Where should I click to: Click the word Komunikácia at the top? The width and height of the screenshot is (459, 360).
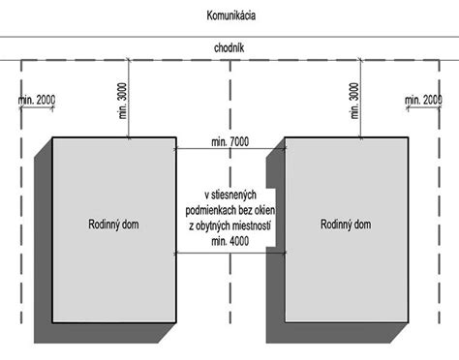230,17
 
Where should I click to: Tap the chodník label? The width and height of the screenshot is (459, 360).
229,46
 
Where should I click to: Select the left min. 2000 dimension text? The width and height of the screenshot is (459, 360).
37,100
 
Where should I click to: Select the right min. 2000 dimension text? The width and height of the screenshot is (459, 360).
422,100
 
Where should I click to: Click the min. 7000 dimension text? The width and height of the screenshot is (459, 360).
229,142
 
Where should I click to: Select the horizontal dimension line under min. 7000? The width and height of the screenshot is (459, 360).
229,150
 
